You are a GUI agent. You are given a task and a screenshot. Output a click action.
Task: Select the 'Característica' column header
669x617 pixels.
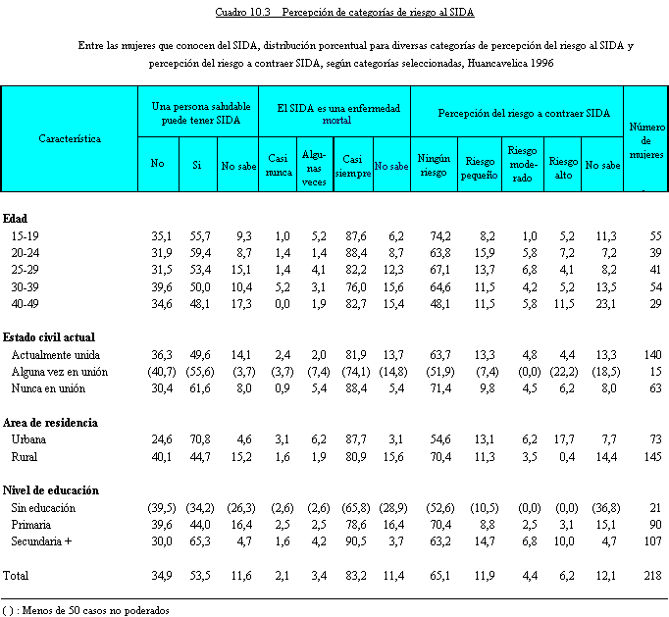[70, 139]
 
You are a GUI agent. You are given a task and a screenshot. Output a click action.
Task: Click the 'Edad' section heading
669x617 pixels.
[15, 219]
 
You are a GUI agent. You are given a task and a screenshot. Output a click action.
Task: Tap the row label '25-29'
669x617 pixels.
[26, 269]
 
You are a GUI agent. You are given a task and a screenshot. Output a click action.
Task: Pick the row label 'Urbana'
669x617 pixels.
[29, 440]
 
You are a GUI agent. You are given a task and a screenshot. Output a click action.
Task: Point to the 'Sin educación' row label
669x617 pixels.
[43, 508]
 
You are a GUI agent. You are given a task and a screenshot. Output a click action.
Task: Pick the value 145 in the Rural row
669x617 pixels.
[652, 457]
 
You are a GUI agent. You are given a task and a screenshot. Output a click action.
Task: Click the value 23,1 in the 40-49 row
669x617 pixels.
[607, 303]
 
